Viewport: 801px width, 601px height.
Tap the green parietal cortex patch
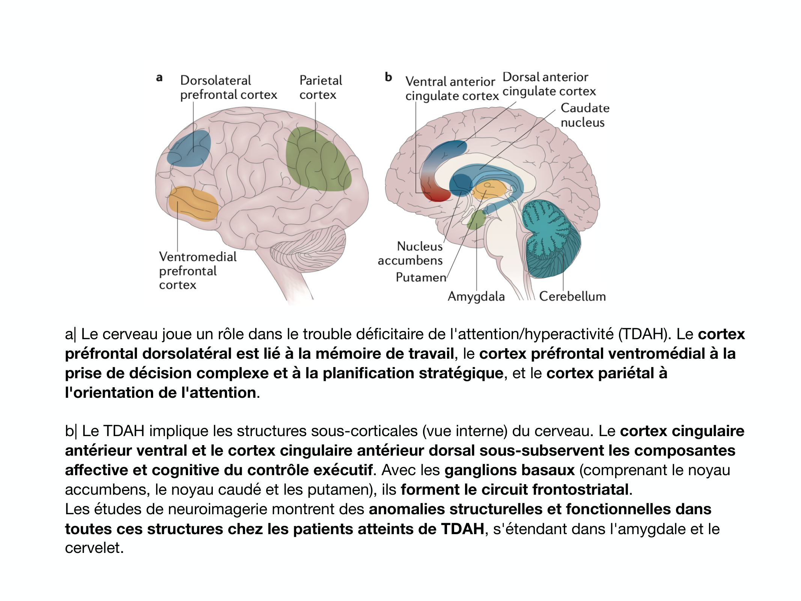point(317,160)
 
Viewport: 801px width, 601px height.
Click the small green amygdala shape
point(476,220)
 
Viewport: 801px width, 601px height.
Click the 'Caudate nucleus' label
point(584,115)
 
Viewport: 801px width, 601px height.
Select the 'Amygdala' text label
point(476,296)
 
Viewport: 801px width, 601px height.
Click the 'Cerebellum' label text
point(572,296)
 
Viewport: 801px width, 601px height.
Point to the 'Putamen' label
point(421,277)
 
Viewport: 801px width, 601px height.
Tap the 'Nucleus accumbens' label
point(411,253)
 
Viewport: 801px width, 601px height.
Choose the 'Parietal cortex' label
point(321,88)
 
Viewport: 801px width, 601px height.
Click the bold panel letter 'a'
point(160,78)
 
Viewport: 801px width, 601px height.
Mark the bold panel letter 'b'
point(388,77)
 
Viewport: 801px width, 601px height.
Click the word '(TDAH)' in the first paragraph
point(643,334)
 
